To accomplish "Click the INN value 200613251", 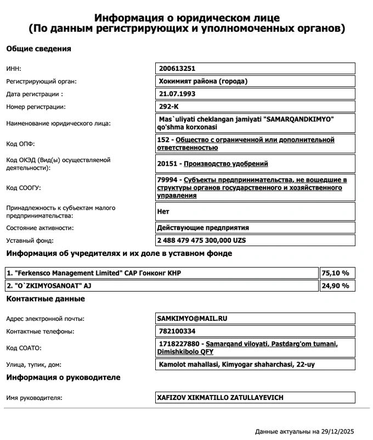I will pos(177,69).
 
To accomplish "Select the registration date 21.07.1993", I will pos(176,93).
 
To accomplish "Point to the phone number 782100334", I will pos(176,331).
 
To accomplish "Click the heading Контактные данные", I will pos(45,299).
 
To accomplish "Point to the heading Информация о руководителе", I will pos(63,377).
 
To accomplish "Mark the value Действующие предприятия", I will pos(203,227).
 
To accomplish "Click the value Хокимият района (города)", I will pos(202,81).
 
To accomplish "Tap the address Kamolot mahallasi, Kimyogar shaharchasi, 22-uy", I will pos(237,364).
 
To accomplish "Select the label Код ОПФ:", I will pos(20,144).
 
